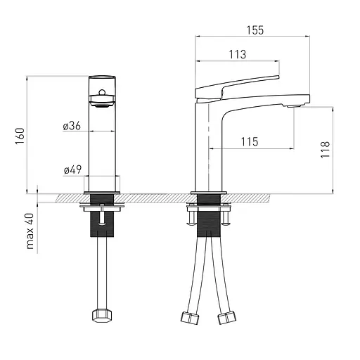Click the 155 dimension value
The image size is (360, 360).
tap(255, 30)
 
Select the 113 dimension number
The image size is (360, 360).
tap(238, 55)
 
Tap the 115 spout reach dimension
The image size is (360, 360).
tap(250, 142)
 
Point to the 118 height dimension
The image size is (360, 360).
tap(326, 150)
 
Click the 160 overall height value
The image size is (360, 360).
tap(20, 136)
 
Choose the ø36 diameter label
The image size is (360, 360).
tap(72, 126)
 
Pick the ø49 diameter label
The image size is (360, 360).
tap(72, 169)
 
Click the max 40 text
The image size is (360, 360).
tap(30, 231)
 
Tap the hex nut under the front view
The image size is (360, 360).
tap(102, 316)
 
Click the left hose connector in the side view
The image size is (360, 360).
tap(190, 318)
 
